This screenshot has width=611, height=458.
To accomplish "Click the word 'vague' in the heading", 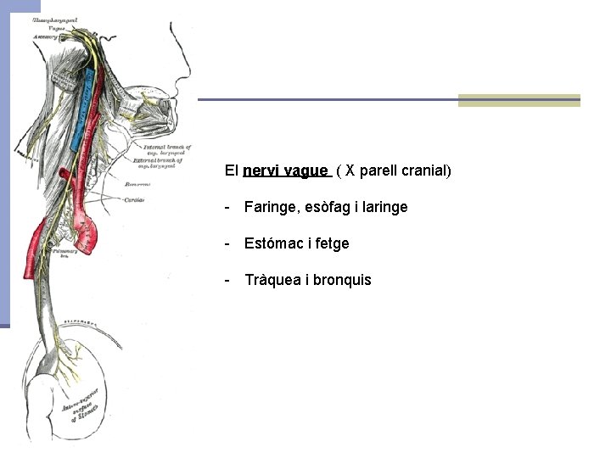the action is point(306,170).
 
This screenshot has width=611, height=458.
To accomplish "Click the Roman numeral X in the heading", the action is point(349,170).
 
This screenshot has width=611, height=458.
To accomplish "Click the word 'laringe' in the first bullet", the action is point(384,207).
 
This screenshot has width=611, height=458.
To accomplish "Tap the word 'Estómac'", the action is point(273,243).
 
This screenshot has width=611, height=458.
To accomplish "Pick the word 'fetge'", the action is point(331,243).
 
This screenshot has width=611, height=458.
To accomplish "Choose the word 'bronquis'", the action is point(342,280).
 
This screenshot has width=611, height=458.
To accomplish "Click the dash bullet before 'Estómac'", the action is point(227,243).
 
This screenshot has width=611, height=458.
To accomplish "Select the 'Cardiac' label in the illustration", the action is point(134,200).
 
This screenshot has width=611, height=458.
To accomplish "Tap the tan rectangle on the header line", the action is point(519,100).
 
